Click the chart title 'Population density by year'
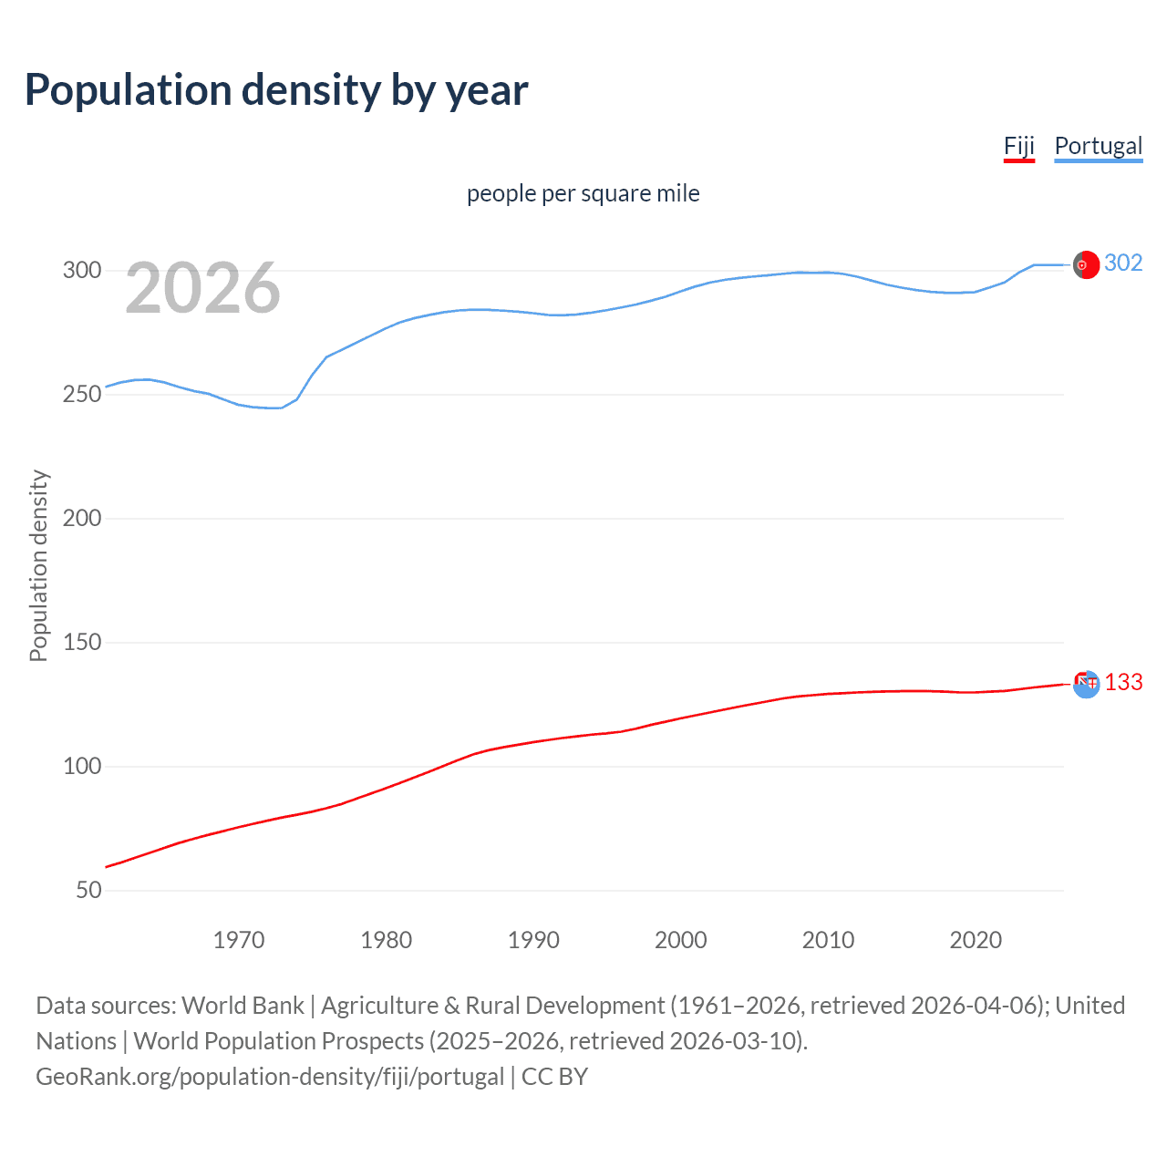tap(276, 90)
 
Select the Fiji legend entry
tap(1018, 146)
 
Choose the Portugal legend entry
tap(1098, 146)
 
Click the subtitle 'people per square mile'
tap(583, 193)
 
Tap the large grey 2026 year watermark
tap(202, 288)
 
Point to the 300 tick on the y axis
tap(81, 271)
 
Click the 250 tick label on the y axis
tap(81, 395)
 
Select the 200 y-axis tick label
tap(81, 519)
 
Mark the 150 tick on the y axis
tap(81, 643)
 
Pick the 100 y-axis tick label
tap(81, 767)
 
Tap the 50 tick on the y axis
tap(88, 891)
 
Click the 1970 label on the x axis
tap(239, 940)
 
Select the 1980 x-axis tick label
tap(387, 940)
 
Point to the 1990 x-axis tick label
tap(533, 940)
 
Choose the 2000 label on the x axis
tap(681, 940)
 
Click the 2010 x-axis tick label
tap(828, 940)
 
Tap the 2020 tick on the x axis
tap(976, 940)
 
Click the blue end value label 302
tap(1122, 263)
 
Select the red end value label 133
tap(1123, 683)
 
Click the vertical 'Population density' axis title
tap(38, 565)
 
